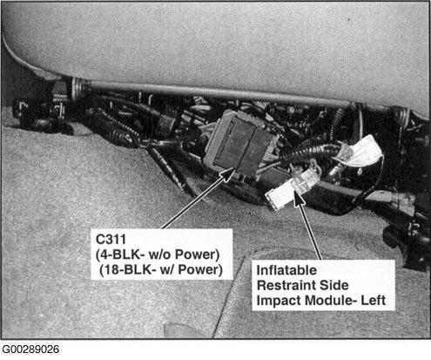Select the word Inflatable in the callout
286,270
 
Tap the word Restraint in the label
284,285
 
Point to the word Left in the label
373,300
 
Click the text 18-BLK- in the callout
130,269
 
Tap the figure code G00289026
30,350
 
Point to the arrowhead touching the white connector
298,198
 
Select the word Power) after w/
200,269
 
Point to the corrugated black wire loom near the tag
313,152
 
